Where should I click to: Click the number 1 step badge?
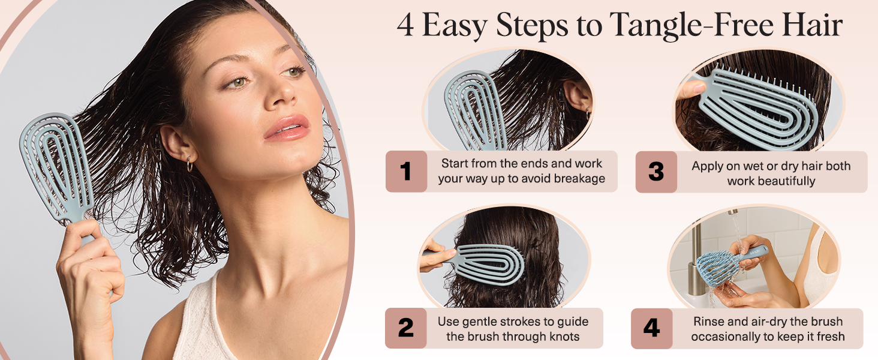(x=406, y=172)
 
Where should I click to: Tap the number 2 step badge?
(x=405, y=328)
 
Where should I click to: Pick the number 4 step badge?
(x=651, y=328)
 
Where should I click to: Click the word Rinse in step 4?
(x=711, y=322)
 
